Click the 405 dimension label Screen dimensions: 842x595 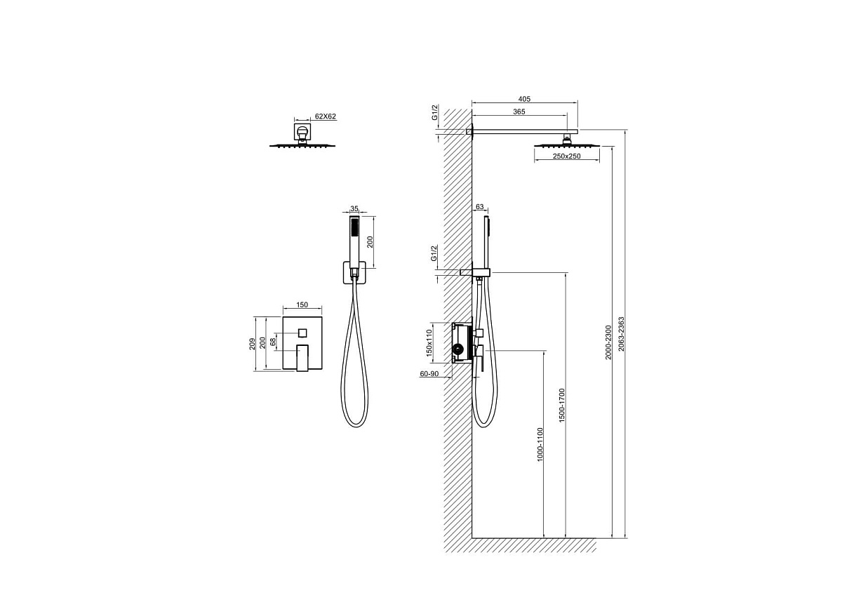point(524,99)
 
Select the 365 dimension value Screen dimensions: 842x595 point(519,112)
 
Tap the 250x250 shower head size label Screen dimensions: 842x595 point(566,156)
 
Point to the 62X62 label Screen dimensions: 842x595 point(325,116)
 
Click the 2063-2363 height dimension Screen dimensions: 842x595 point(621,334)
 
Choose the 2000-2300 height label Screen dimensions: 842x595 point(608,342)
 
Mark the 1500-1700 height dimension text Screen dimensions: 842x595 point(561,405)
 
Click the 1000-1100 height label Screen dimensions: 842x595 point(540,444)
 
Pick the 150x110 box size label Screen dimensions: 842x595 point(429,343)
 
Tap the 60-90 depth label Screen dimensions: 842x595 point(429,374)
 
